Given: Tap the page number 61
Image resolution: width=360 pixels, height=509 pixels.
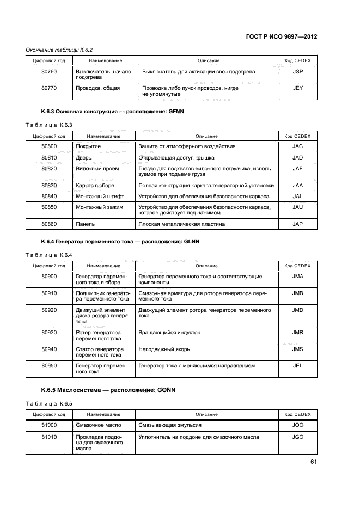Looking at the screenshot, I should click(313, 462).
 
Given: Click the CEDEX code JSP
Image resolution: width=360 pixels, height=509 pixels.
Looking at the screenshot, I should click(297, 72).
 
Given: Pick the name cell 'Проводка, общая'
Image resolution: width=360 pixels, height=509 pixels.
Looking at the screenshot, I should click(98, 88).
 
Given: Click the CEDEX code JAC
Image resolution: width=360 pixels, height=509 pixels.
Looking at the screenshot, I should click(297, 146).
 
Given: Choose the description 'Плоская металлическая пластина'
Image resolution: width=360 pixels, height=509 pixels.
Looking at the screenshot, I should click(181, 224).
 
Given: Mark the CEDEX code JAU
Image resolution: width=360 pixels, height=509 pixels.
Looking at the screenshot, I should click(297, 207).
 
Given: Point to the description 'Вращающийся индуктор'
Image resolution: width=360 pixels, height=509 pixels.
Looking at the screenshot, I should click(169, 332).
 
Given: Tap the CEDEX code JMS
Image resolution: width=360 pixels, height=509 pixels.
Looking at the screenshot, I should click(297, 349).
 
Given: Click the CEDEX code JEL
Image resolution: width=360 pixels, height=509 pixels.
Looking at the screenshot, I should click(297, 366).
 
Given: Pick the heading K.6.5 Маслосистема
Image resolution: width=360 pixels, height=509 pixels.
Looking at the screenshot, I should click(108, 390).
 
